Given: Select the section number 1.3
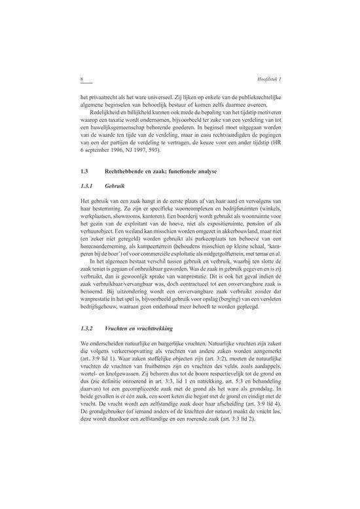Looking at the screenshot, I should click(x=82, y=171).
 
